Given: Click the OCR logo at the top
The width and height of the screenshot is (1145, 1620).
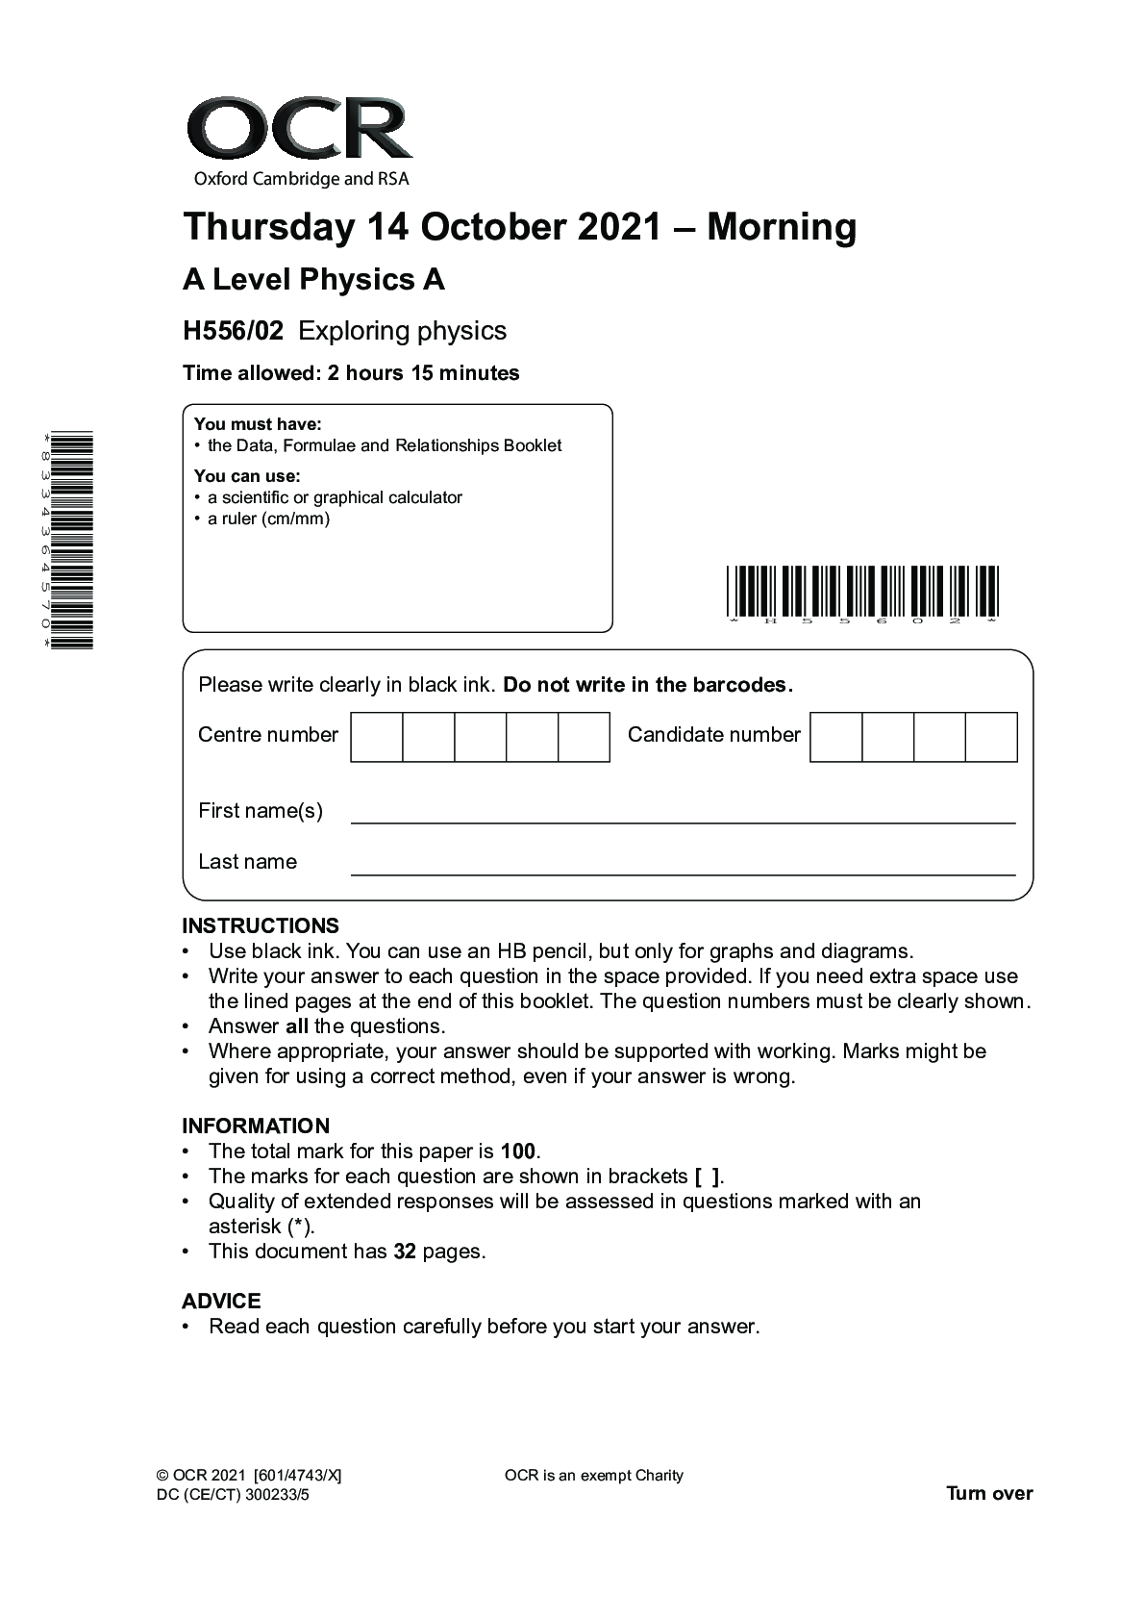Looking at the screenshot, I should coord(299,135).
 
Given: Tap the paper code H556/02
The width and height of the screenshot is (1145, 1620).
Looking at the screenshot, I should coord(233,331).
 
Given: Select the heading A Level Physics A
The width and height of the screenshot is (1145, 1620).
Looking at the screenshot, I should coord(313,280).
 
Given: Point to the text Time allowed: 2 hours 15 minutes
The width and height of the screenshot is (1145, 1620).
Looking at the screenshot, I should coord(351,373).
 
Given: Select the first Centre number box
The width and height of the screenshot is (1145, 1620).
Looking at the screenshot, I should coord(377,737).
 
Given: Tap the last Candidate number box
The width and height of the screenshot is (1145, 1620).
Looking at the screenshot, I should coord(991,737).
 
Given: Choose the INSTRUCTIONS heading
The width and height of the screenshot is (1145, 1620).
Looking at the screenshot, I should coord(261,926).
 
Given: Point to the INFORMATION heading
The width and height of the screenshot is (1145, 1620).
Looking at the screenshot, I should coord(256,1126).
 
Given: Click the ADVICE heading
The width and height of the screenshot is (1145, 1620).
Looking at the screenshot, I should coord(221,1302).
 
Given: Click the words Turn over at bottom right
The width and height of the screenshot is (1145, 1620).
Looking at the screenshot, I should coord(989,1493).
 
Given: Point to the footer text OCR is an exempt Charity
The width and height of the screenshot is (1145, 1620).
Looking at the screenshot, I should coord(593,1476).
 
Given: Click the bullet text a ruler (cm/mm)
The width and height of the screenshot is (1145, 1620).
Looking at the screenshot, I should coord(268,519).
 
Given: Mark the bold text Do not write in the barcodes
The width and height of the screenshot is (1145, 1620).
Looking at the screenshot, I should coord(648,685).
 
